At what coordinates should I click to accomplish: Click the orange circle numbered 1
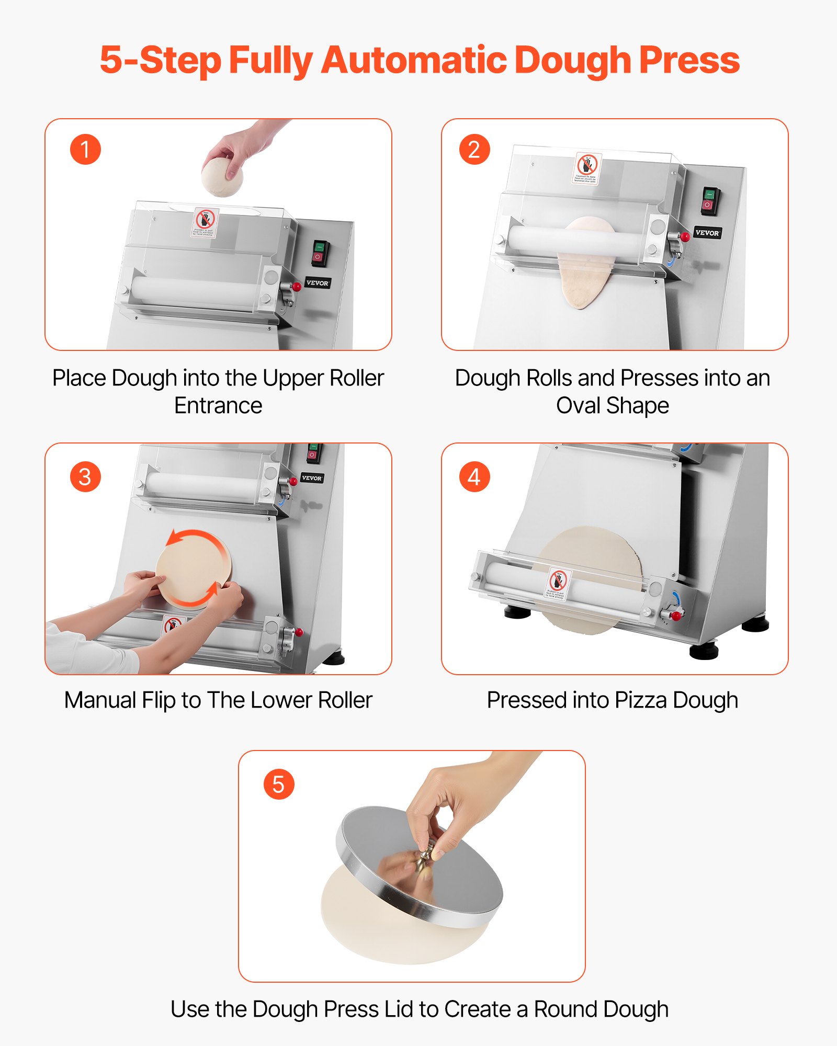tap(85, 150)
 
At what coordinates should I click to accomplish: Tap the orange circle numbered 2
tap(474, 150)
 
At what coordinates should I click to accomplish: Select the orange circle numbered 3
tap(85, 476)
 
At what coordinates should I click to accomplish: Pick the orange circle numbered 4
tap(474, 476)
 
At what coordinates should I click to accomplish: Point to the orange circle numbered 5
tap(278, 784)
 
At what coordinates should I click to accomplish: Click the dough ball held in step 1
tap(222, 177)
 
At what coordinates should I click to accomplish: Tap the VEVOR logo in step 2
tap(707, 233)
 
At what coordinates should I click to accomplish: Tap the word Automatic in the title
tap(413, 60)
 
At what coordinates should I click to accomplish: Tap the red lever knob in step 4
tap(677, 616)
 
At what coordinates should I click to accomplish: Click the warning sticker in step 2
tap(587, 168)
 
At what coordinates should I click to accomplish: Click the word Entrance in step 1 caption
tap(218, 405)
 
